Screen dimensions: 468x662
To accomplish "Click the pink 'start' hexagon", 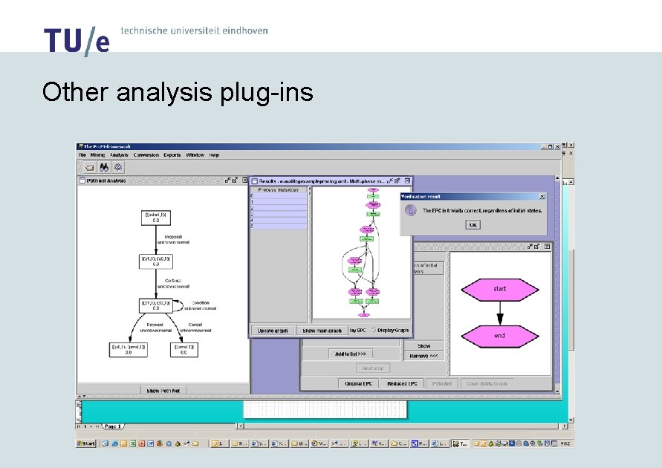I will tap(499, 289).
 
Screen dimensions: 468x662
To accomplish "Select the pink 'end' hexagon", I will tap(499, 336).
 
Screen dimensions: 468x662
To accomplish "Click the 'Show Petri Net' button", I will tap(163, 390).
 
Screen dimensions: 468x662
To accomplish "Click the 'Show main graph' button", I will tap(321, 331).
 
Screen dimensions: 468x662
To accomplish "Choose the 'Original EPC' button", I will tap(359, 383).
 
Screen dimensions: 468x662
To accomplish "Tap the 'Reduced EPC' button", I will tap(402, 383).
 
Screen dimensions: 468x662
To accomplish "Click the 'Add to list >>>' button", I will tap(354, 354).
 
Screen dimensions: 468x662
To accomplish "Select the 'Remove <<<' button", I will tap(424, 356).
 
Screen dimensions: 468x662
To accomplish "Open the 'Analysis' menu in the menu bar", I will tap(119, 155).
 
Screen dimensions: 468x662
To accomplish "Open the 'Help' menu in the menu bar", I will tap(214, 155).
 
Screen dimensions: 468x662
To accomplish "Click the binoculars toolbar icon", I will tap(104, 167).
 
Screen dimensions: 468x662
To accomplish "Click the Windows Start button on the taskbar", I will tap(86, 443).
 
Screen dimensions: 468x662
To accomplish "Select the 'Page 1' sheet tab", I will tap(114, 426).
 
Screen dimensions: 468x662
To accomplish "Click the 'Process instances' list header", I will tap(278, 190).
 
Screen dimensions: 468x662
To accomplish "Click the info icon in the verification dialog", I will tap(409, 210).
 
